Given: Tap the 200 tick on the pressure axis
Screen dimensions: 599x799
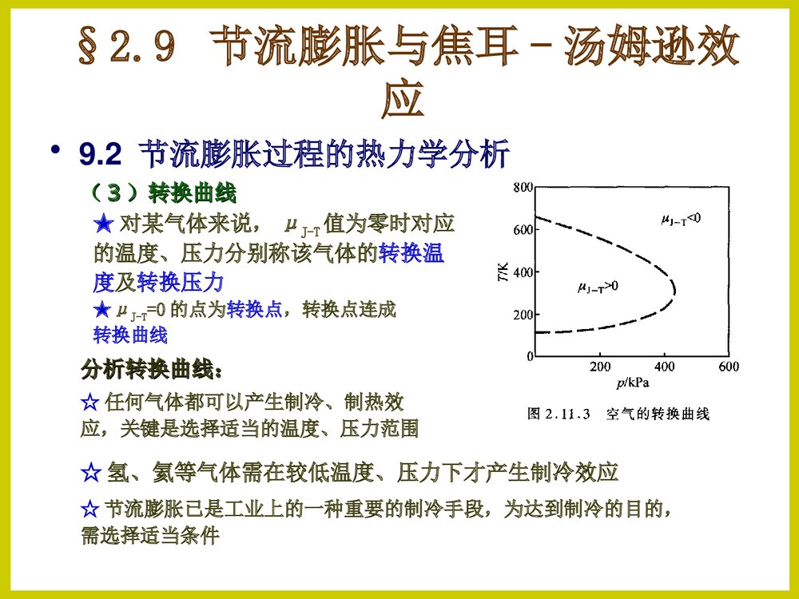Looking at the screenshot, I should pyautogui.click(x=599, y=367).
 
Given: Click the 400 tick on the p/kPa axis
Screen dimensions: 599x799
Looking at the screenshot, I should pyautogui.click(x=664, y=367).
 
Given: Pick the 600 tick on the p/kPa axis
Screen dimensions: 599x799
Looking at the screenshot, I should pyautogui.click(x=728, y=367).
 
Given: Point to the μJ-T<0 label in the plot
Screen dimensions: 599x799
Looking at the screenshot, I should pyautogui.click(x=680, y=218).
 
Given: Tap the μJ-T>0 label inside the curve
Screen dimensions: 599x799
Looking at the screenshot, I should pyautogui.click(x=598, y=285).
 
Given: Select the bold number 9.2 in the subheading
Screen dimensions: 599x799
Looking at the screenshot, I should pyautogui.click(x=99, y=155).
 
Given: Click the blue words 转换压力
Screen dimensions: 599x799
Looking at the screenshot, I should pyautogui.click(x=180, y=282).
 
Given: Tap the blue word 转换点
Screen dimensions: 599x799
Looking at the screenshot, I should pyautogui.click(x=255, y=309).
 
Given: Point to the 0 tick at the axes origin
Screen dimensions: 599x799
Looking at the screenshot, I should pyautogui.click(x=527, y=357).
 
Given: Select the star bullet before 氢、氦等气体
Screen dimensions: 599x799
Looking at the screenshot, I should pyautogui.click(x=90, y=472).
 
